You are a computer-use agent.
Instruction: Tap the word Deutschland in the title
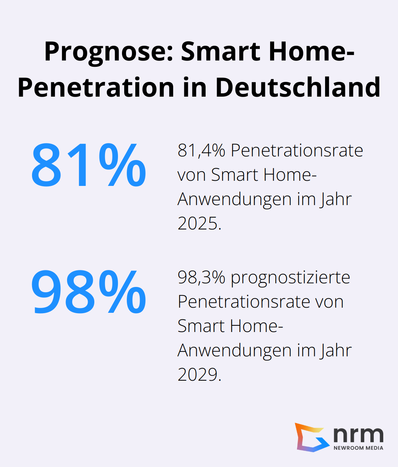[297, 87]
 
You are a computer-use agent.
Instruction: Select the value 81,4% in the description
[201, 151]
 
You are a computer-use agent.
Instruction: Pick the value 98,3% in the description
[201, 277]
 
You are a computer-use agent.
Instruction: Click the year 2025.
[199, 223]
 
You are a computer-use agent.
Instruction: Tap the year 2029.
[199, 374]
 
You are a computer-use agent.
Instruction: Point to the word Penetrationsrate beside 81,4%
[297, 151]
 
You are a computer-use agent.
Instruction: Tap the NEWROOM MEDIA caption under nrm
[358, 448]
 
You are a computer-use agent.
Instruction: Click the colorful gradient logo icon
[311, 437]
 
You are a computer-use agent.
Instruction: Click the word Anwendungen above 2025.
[235, 199]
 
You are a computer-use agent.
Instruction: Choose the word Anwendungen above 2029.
[235, 350]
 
